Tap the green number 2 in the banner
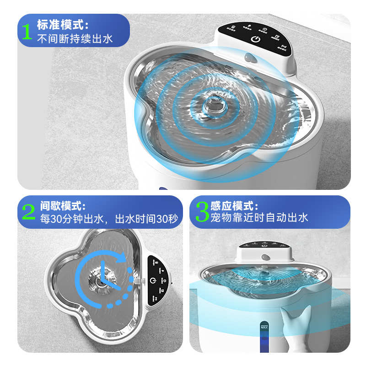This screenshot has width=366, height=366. point(28,212)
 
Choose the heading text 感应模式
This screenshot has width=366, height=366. point(233,206)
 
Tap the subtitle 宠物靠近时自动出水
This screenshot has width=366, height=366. point(259,217)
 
